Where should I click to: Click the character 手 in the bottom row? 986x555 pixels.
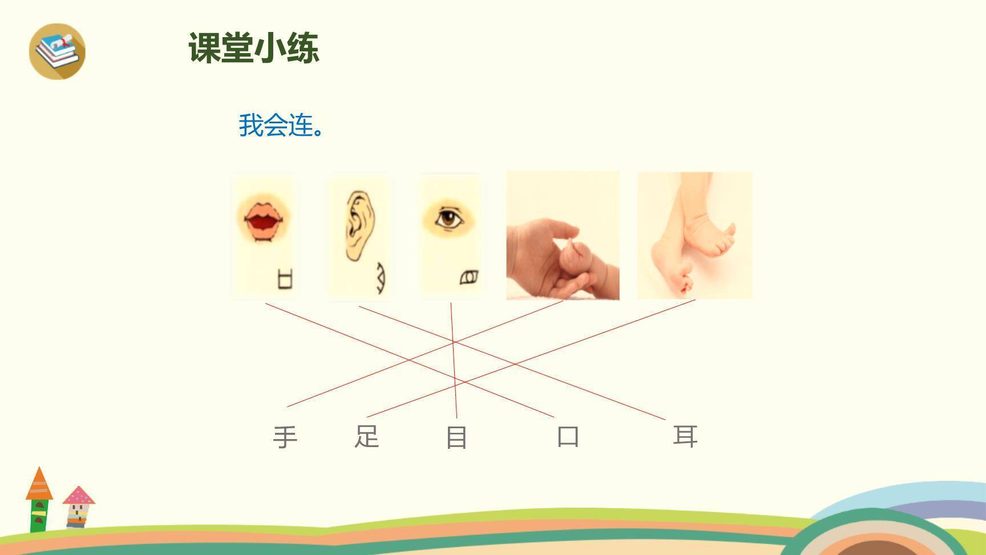pyautogui.click(x=285, y=437)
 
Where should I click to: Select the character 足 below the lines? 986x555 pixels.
pyautogui.click(x=366, y=437)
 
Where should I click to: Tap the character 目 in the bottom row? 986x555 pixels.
pyautogui.click(x=456, y=437)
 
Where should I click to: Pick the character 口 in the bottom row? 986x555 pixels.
pyautogui.click(x=568, y=437)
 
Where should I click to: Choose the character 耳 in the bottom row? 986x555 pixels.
pyautogui.click(x=685, y=437)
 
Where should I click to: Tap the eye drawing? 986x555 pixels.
pyautogui.click(x=448, y=218)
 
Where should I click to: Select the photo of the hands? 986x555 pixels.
pyautogui.click(x=563, y=235)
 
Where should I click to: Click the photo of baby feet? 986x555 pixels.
pyautogui.click(x=694, y=235)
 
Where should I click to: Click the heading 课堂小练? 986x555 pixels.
pyautogui.click(x=253, y=47)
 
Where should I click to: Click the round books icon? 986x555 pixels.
pyautogui.click(x=57, y=51)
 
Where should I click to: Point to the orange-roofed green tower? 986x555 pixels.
pyautogui.click(x=39, y=500)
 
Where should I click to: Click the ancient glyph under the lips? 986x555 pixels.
pyautogui.click(x=285, y=280)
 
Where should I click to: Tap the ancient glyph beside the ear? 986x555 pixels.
pyautogui.click(x=379, y=278)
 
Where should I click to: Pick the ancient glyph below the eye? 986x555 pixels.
pyautogui.click(x=469, y=277)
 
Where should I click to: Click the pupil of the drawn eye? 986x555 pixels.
pyautogui.click(x=449, y=218)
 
